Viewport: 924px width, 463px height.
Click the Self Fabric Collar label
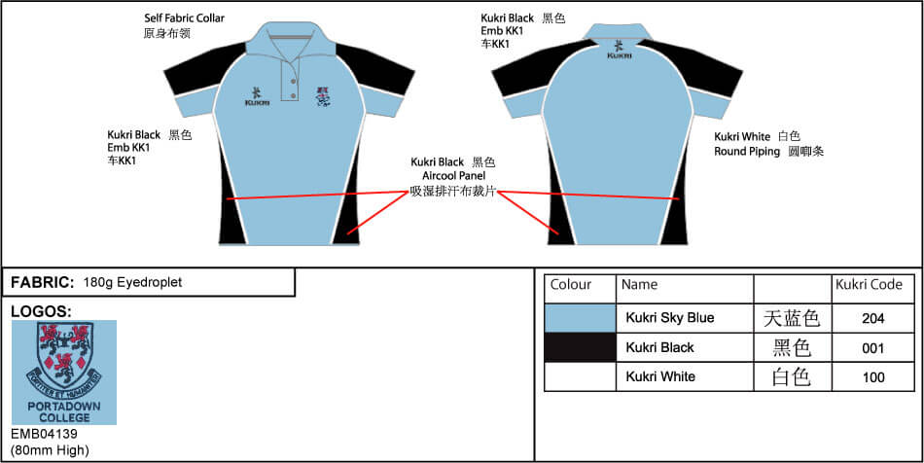185,18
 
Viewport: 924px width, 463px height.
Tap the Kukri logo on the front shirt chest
257,96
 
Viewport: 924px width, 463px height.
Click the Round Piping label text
751,152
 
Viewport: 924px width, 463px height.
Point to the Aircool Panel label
453,176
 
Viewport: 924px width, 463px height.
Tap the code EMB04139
44,434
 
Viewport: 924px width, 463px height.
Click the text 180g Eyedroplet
132,283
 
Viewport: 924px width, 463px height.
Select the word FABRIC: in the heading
42,283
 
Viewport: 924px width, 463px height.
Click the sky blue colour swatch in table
580,318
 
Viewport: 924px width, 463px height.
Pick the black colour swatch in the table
580,347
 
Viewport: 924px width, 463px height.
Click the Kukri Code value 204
872,318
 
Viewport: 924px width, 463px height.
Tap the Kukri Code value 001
872,347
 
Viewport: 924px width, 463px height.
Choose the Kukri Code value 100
872,377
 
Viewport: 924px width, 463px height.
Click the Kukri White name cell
660,377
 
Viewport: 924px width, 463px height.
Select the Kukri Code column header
869,285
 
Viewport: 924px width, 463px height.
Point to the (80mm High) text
50,449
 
